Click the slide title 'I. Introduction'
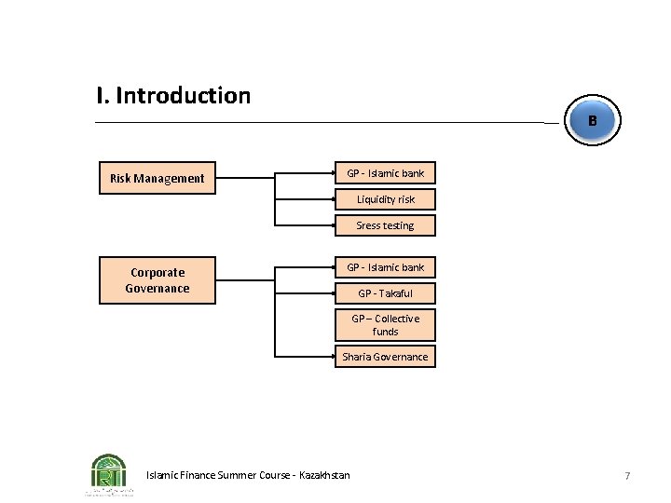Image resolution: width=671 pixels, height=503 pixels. coord(173,96)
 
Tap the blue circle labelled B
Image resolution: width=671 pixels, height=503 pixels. coord(592,121)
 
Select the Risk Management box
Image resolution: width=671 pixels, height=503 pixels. coord(157,178)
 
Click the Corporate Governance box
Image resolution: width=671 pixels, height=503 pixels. coord(157,280)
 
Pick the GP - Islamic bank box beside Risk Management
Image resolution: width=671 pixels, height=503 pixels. coord(385,174)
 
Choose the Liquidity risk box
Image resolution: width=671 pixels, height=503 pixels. coord(385,199)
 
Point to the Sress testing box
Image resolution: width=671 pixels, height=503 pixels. coord(385,225)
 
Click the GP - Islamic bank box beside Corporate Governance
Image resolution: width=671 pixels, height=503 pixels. coord(385,268)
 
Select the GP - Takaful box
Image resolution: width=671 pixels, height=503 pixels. coord(385,293)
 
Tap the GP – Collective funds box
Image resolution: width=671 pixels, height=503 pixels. coord(385,325)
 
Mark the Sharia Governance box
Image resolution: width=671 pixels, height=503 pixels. coord(385,357)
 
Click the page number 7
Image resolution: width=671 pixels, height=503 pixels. coord(627,476)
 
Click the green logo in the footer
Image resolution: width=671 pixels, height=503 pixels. coord(109,473)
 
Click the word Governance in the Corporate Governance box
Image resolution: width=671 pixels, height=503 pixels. coord(157,289)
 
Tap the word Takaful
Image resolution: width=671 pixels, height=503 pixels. coord(395,293)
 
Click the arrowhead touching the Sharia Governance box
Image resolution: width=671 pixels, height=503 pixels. coord(333,357)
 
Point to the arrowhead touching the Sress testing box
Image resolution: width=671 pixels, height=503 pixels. coord(333,225)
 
